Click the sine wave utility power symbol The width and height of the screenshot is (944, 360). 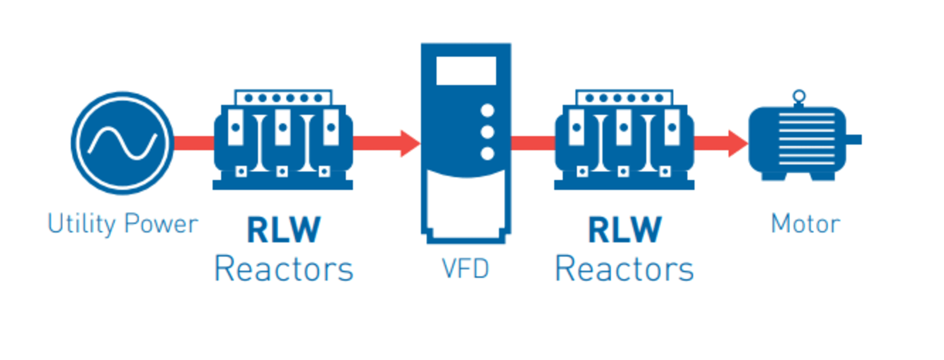point(122,143)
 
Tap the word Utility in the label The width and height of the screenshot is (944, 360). point(81,224)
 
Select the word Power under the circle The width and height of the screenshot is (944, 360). point(161,224)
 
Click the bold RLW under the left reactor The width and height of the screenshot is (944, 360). point(284,230)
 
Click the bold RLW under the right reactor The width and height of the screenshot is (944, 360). point(625,230)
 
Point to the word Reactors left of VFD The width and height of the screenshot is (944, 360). point(284,270)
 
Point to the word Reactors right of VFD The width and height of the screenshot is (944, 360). point(624,270)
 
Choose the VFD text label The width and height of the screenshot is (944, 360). point(465,269)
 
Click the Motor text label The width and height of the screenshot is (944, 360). point(805,224)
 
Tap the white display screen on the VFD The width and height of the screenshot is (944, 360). point(466,71)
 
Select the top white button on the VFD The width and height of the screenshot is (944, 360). point(487,111)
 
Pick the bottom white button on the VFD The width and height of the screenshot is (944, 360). point(487,153)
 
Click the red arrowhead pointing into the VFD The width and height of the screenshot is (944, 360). point(410,143)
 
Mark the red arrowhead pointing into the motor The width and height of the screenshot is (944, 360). point(738,143)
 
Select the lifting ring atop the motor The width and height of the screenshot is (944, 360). point(799,97)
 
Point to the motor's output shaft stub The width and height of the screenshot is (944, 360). point(854,140)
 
